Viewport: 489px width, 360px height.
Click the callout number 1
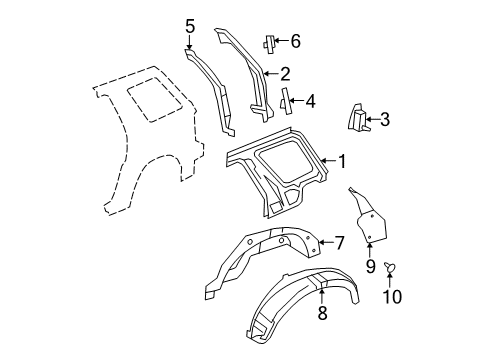342,161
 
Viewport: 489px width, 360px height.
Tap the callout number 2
285,74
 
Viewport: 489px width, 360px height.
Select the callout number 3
385,119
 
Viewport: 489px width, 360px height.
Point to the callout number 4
310,101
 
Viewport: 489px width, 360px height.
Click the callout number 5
190,26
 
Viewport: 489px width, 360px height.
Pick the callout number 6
296,41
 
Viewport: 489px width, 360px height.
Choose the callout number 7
339,243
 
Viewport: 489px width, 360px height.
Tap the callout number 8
322,313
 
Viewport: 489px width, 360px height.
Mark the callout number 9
370,267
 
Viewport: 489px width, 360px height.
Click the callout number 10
392,296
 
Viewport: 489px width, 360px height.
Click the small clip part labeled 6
269,44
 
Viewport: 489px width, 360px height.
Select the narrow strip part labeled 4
285,101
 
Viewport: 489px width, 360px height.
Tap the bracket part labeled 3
358,117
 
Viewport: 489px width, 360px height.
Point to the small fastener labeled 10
389,265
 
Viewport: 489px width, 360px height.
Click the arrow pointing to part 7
326,242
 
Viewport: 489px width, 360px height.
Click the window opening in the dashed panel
155,99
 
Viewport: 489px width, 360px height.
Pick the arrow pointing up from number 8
321,297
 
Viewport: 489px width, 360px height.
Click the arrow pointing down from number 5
189,42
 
